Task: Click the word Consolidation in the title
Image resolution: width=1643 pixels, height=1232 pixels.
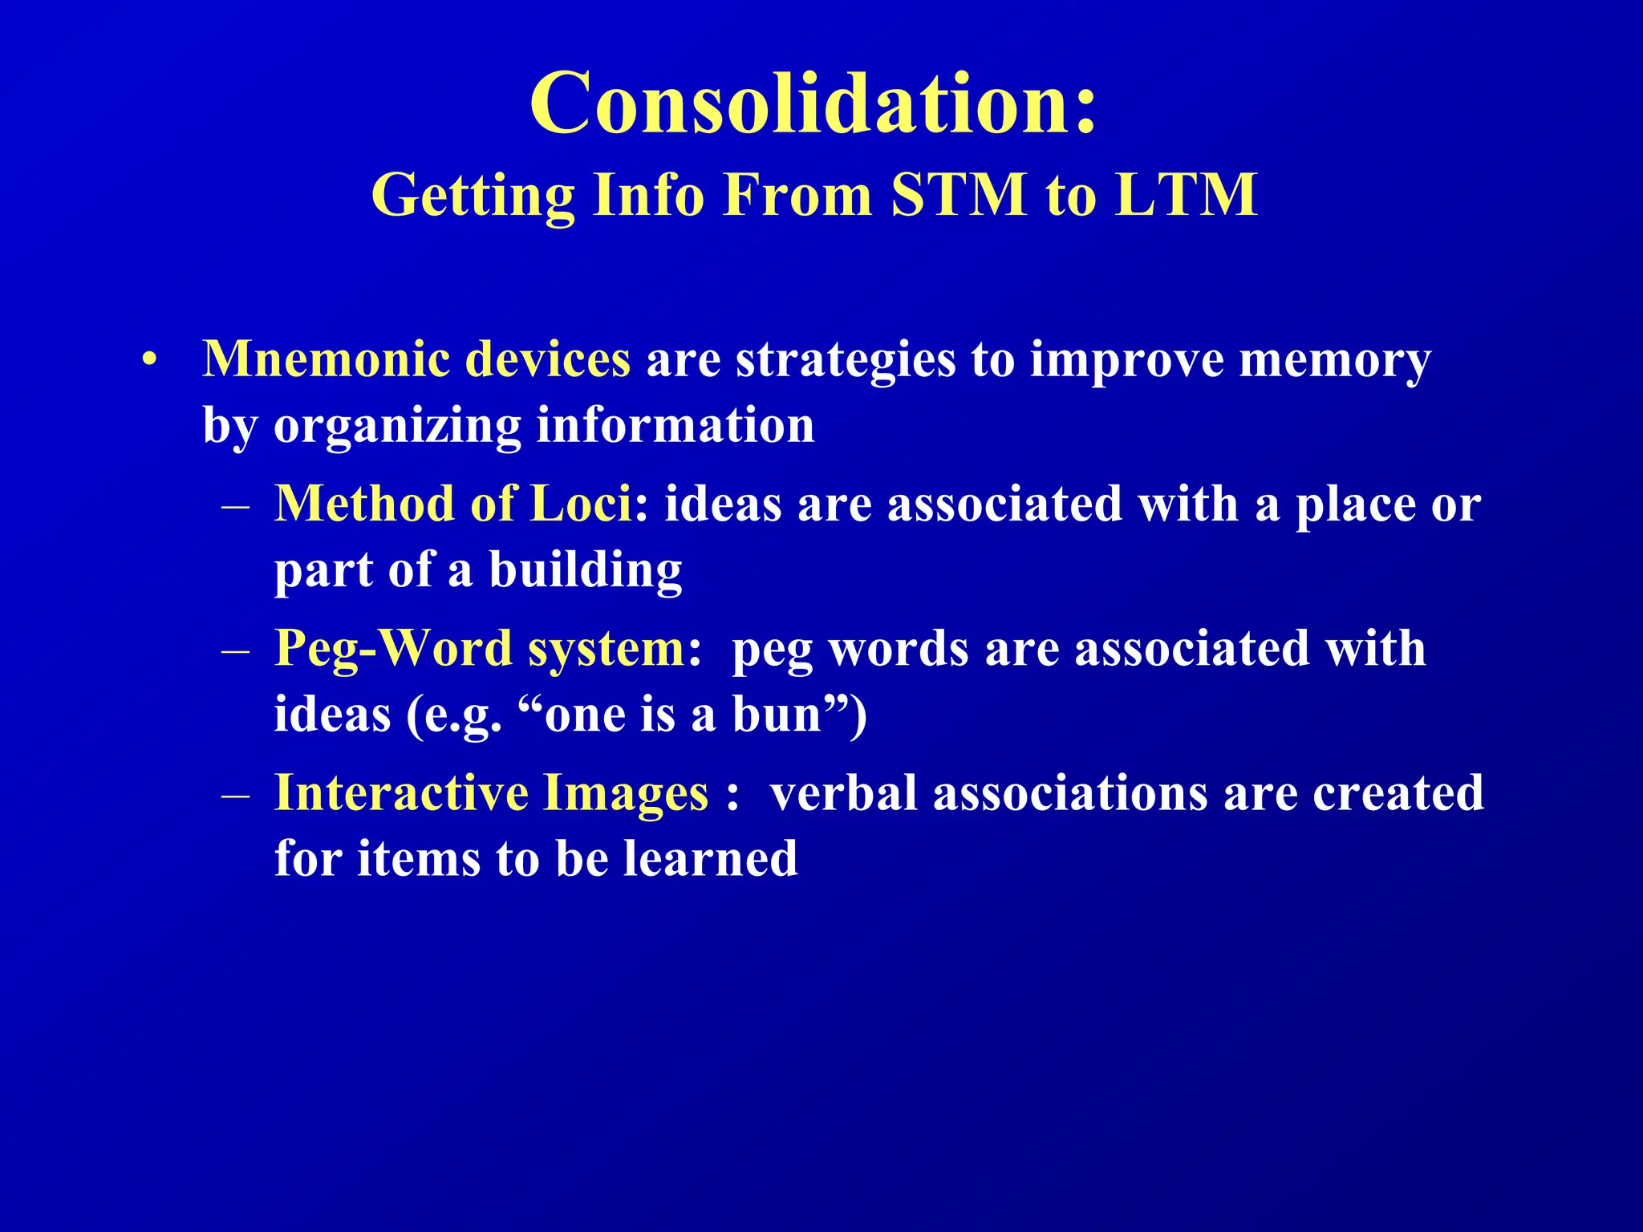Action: pyautogui.click(x=802, y=104)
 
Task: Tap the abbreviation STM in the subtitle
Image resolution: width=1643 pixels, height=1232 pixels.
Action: pyautogui.click(x=959, y=195)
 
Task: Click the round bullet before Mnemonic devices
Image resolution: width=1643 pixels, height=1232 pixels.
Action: pyautogui.click(x=148, y=360)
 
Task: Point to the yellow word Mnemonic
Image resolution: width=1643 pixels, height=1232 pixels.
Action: pyautogui.click(x=325, y=359)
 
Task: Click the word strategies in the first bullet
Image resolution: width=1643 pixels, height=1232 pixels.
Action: pyautogui.click(x=846, y=360)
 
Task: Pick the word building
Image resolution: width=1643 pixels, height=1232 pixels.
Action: pyautogui.click(x=586, y=569)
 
